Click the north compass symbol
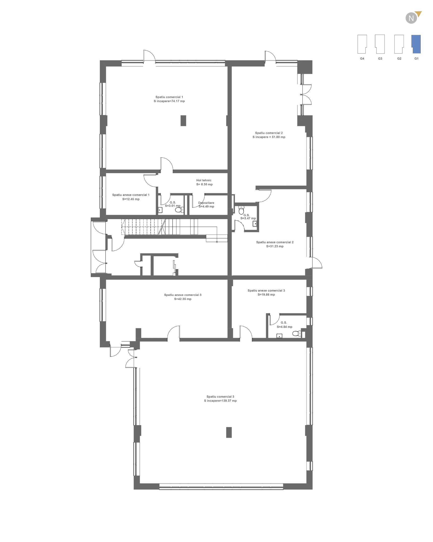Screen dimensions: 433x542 coord(413,18)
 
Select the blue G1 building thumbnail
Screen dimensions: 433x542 coord(416,44)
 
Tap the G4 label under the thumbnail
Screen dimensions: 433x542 coord(362,59)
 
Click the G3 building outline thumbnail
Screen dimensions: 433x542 coord(380,44)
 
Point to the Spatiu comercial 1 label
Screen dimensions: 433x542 coord(169,97)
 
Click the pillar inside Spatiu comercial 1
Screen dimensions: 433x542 coord(183,121)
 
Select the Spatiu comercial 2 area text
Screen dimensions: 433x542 coord(269,137)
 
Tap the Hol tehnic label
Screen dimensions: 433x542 coord(204,180)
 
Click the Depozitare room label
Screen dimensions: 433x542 coord(206,203)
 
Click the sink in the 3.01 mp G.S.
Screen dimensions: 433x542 coord(160,210)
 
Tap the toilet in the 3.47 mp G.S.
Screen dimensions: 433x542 coord(241,210)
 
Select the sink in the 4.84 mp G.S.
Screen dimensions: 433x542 coord(279,336)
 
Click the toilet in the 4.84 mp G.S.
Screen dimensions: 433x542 coord(297,333)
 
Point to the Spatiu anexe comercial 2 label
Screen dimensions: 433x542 coord(275,242)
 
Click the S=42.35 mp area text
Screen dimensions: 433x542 coord(183,299)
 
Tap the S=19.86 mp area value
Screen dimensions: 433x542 coord(266,294)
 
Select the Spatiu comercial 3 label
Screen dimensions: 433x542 coord(220,397)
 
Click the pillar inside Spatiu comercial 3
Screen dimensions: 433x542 coord(229,432)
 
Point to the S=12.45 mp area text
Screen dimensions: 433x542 coord(131,199)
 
